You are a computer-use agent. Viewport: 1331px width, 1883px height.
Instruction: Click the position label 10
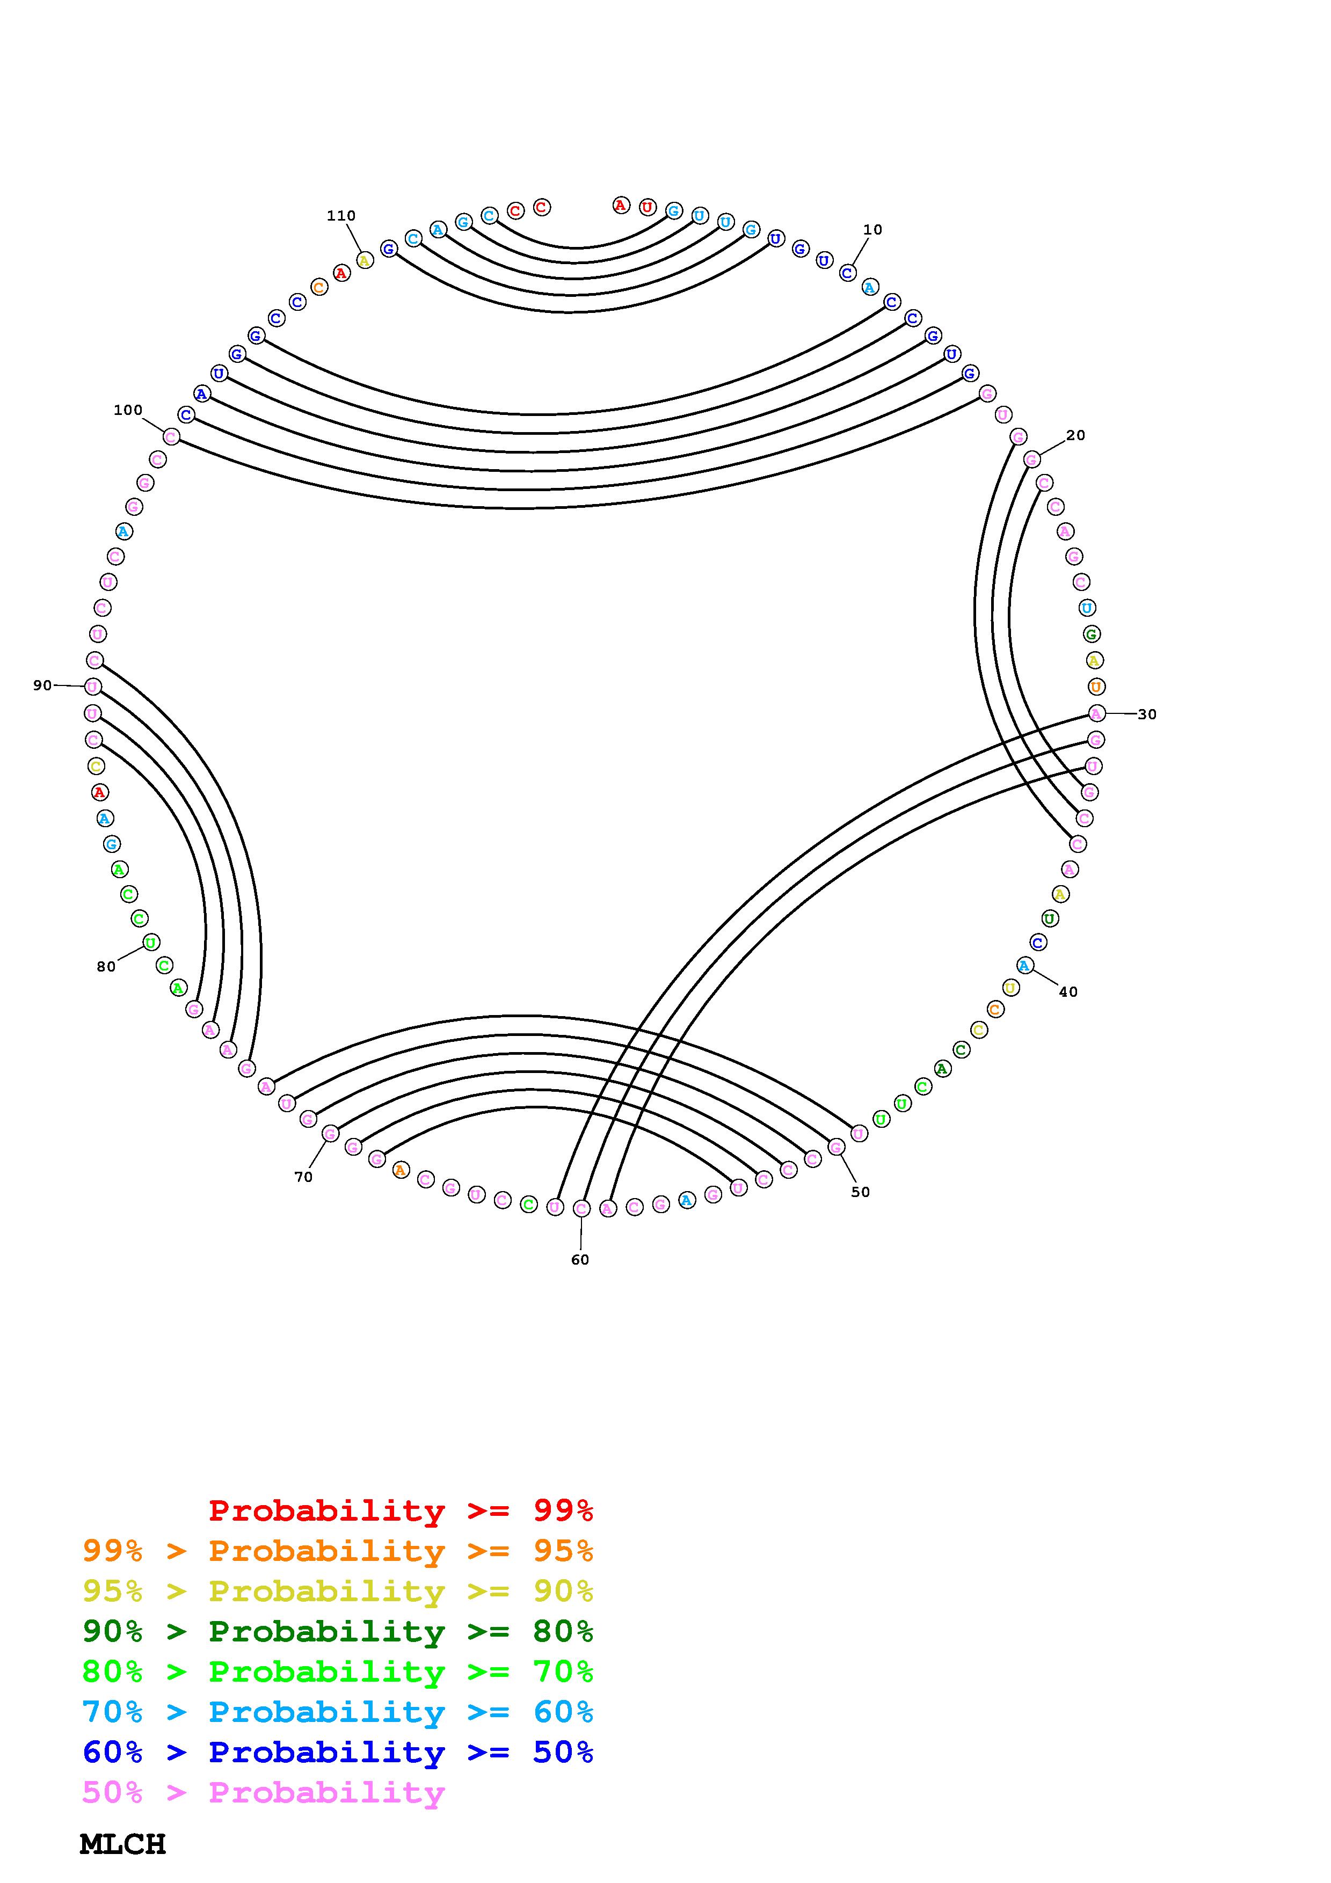pyautogui.click(x=872, y=230)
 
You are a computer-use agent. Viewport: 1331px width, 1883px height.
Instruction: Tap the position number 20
pyautogui.click(x=1075, y=435)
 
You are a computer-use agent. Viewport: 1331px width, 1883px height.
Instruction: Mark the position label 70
pyautogui.click(x=303, y=1177)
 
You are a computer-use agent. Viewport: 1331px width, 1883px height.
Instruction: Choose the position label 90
pyautogui.click(x=42, y=685)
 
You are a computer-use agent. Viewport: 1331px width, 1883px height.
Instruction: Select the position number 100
pyautogui.click(x=128, y=410)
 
